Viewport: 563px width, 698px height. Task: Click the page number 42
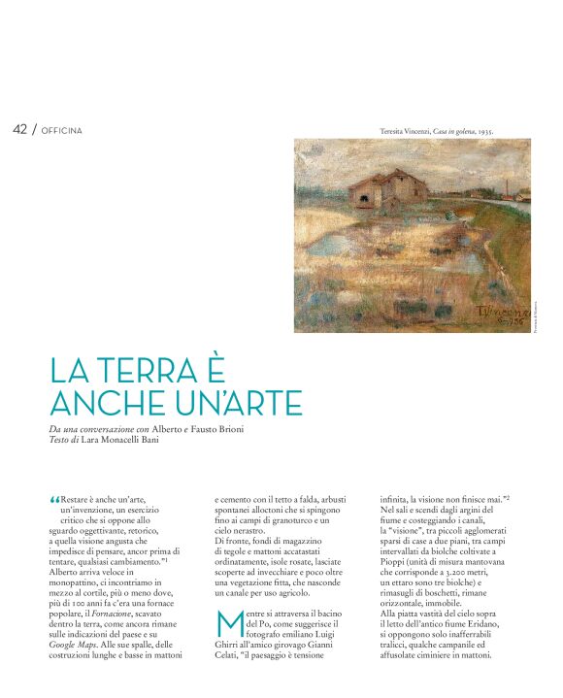19,129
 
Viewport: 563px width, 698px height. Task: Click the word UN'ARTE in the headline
227,402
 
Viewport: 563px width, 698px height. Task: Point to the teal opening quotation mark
53,500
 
